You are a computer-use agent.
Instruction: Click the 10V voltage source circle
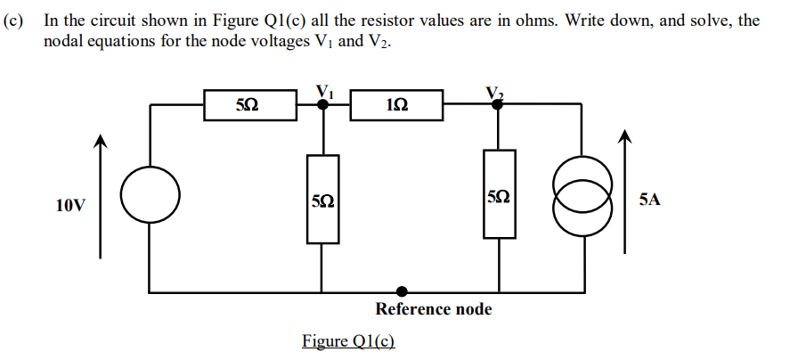[x=150, y=197]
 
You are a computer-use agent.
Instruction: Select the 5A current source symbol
[x=583, y=199]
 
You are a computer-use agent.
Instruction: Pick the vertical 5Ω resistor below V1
[x=322, y=199]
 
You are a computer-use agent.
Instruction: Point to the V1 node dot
[x=322, y=104]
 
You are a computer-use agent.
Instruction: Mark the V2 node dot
[x=498, y=104]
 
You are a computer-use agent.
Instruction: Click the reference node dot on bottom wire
[x=403, y=291]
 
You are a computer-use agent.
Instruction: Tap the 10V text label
[x=71, y=206]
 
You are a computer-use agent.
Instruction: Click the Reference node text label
[x=433, y=309]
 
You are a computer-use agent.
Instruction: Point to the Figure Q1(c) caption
[x=347, y=340]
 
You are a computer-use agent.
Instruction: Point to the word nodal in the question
[x=63, y=40]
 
